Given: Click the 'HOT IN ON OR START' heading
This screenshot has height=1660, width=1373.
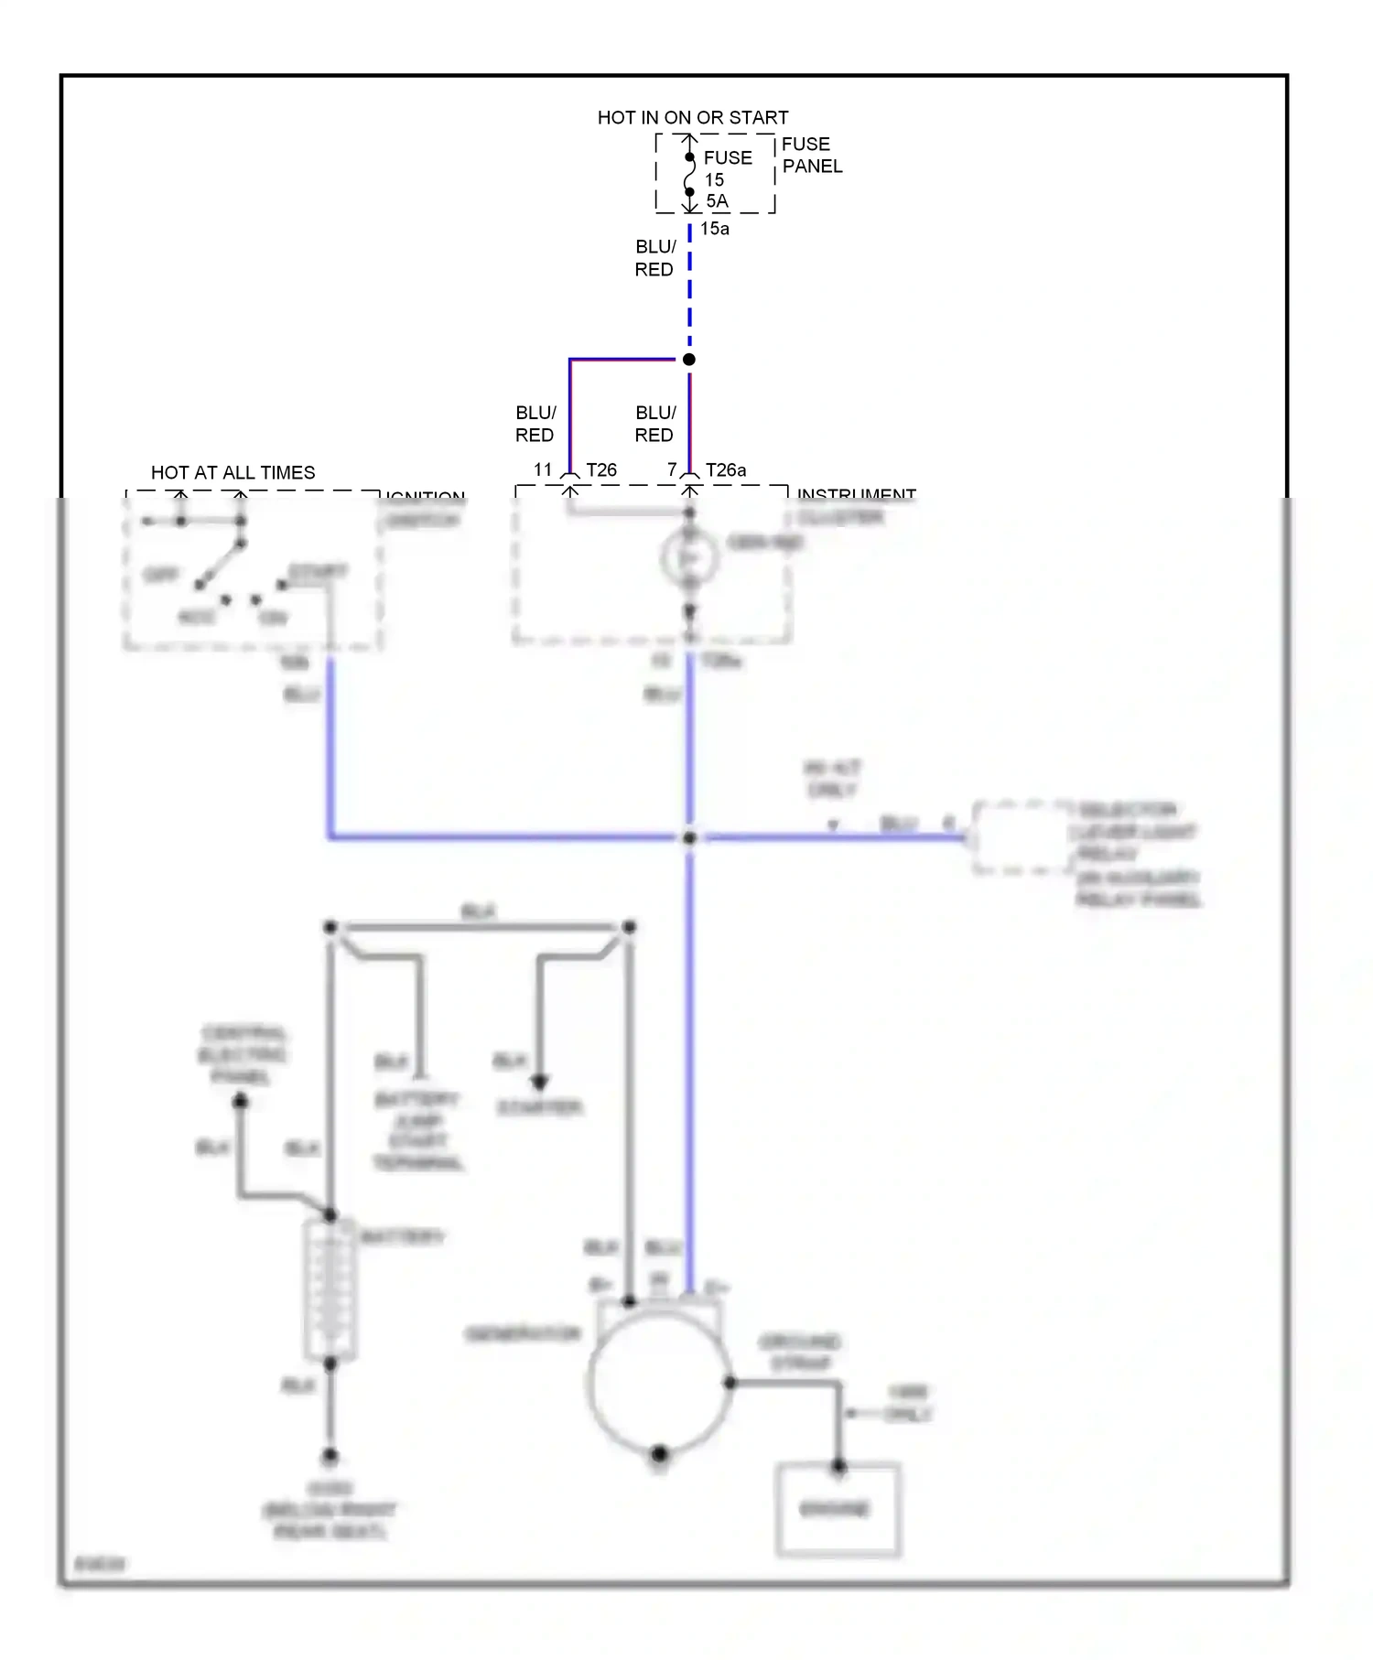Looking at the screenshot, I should click(692, 118).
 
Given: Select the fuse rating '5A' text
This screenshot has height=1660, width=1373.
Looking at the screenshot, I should click(717, 201).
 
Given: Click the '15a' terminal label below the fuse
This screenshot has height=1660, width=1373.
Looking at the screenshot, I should click(714, 229).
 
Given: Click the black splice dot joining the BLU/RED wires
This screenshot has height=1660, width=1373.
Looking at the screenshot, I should click(689, 360).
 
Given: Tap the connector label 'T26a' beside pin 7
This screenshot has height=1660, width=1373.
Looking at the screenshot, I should click(725, 470).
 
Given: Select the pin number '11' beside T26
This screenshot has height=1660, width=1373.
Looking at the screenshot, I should click(543, 470).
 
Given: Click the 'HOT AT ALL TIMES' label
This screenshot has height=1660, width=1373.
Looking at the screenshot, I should click(232, 473).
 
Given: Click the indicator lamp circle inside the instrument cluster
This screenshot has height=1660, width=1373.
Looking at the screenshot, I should click(689, 557).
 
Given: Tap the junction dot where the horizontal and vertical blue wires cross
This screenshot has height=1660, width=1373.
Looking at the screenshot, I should click(689, 837).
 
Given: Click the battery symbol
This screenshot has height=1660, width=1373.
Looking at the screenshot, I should click(330, 1290).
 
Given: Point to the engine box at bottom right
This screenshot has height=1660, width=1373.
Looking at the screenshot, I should click(838, 1510).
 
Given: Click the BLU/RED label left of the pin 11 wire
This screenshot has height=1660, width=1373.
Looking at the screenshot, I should click(535, 424).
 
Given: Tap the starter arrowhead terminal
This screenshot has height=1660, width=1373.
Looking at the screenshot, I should click(540, 1082).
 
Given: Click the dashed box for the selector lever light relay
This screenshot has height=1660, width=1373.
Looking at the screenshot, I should click(1021, 837).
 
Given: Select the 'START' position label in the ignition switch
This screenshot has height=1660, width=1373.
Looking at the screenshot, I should click(318, 572).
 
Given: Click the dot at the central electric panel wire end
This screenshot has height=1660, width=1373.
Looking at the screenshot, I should click(240, 1102).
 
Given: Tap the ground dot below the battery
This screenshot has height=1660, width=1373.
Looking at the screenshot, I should click(330, 1456).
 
